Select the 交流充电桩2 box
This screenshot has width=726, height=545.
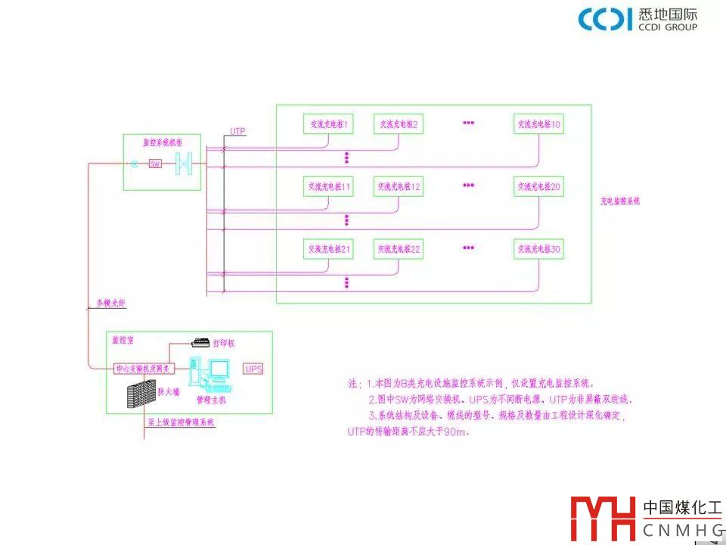[x=398, y=124]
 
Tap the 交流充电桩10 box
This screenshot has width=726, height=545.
[x=538, y=124]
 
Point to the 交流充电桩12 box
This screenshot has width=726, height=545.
[x=398, y=186]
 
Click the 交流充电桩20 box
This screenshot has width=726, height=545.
[x=538, y=186]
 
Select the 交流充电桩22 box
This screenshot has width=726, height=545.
[x=398, y=248]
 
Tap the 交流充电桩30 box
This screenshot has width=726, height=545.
[x=538, y=248]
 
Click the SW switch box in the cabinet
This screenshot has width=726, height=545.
[x=154, y=163]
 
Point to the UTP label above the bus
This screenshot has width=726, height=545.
[x=237, y=132]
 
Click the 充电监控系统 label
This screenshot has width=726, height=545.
[x=620, y=201]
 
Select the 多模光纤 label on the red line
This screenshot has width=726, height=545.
[x=110, y=304]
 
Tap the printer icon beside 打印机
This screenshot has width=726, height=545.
[x=200, y=342]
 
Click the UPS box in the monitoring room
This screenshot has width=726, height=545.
[x=253, y=369]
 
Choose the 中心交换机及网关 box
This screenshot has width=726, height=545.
[x=144, y=369]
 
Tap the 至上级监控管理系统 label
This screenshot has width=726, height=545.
[x=181, y=422]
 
